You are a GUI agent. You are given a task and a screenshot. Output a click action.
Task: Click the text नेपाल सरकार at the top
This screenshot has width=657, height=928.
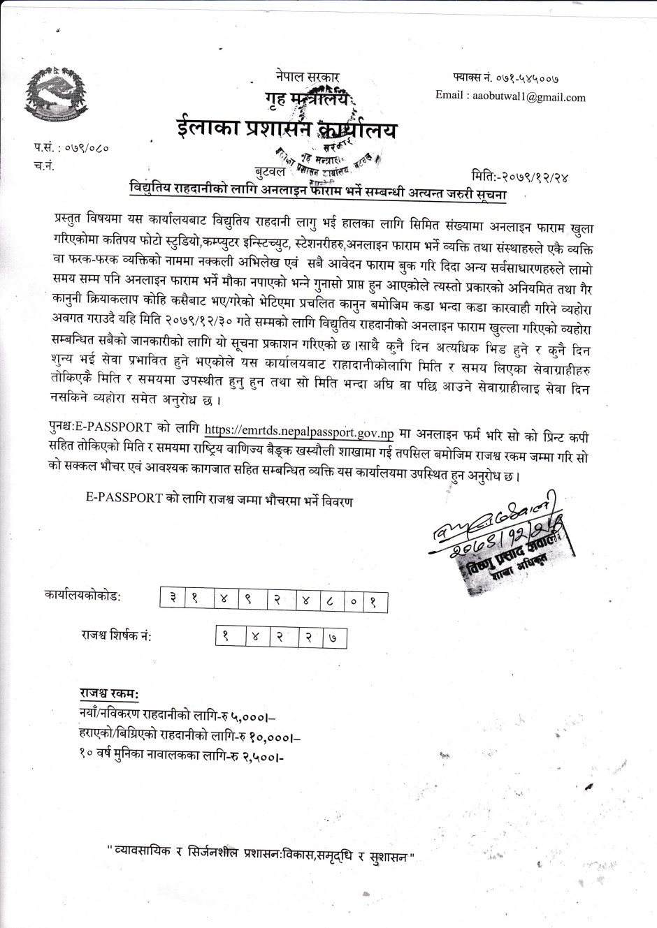pos(308,78)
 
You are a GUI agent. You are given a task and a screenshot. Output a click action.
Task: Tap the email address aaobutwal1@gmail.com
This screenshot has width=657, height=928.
pos(510,96)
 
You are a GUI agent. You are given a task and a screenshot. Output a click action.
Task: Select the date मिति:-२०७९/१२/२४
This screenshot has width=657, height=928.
pos(520,176)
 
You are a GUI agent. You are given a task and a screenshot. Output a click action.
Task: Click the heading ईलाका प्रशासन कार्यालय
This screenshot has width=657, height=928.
pos(286,131)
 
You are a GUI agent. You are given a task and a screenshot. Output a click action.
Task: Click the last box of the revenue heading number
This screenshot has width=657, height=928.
pos(333,637)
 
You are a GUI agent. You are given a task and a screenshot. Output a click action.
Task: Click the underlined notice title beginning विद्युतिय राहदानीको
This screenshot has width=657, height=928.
pos(317,189)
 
